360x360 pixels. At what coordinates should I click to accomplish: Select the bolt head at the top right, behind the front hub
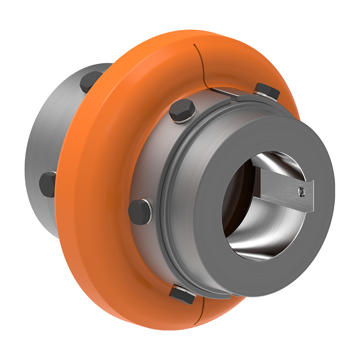(x=267, y=91)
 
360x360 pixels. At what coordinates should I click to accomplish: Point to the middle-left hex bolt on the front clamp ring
(x=140, y=212)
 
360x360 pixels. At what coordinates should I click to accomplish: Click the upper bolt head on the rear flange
(x=91, y=81)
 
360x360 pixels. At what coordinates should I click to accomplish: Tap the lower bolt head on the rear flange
(x=48, y=184)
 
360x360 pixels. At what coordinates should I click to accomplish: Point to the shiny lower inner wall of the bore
(x=259, y=238)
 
